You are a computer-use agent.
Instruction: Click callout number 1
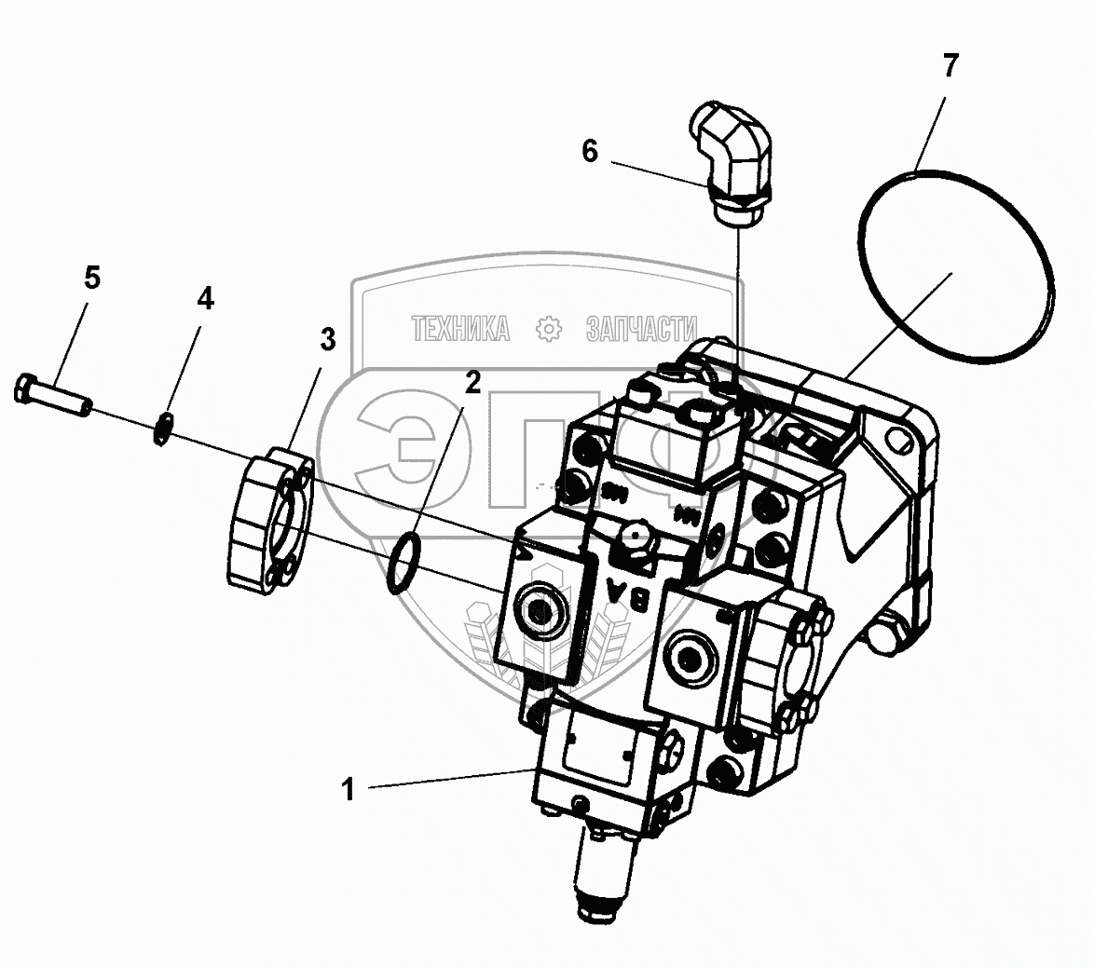349,790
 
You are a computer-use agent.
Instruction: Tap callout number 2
473,382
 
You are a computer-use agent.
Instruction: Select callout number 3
327,340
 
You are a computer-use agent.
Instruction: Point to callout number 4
204,299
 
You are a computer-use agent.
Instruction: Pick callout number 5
91,278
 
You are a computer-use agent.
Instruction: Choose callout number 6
590,151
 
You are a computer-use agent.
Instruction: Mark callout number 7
950,66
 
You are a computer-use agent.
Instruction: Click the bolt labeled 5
53,396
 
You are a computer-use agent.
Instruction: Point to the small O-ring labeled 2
402,563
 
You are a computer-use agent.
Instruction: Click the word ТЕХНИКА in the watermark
461,328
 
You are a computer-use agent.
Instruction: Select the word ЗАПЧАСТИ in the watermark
642,328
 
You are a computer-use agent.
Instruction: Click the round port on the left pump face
540,611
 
